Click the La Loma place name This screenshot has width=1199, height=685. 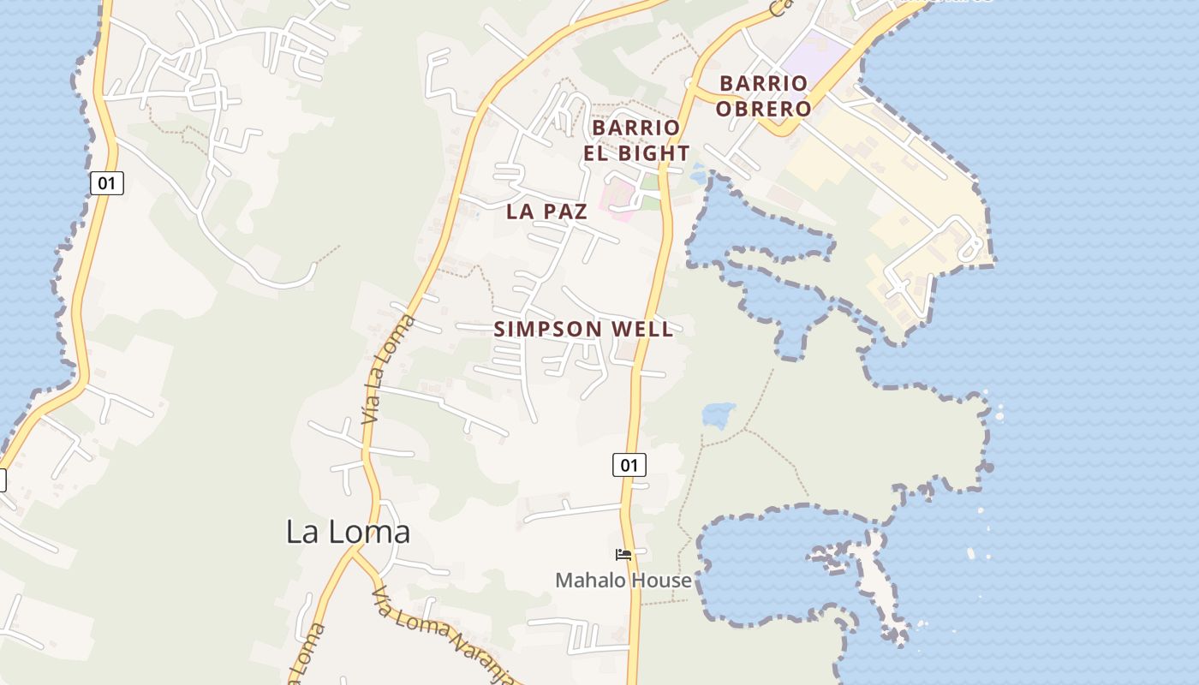(x=348, y=532)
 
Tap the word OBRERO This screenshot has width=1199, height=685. (x=763, y=109)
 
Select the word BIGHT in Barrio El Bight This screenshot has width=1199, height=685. (x=655, y=153)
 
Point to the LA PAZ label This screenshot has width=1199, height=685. (x=547, y=211)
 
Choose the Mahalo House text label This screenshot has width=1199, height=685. (x=623, y=580)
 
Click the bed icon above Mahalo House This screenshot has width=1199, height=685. (x=623, y=555)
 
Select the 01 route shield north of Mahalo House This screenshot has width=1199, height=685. (x=629, y=465)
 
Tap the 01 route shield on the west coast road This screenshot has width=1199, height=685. (x=106, y=182)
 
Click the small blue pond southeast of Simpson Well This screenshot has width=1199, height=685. (x=719, y=414)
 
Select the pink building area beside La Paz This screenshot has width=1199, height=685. (x=618, y=199)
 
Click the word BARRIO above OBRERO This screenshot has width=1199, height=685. (x=763, y=83)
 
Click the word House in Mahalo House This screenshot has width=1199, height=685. (x=659, y=580)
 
